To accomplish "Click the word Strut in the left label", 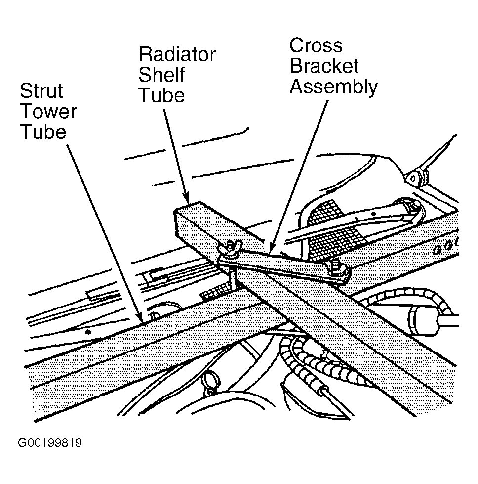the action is point(41,91).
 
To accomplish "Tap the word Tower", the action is point(48,111).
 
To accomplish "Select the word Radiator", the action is point(177,55).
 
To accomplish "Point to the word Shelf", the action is point(161,75).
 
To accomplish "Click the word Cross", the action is point(316,45).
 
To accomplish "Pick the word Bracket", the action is point(324,66).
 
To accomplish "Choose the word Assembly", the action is point(334,87).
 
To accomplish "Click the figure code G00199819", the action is point(50,442).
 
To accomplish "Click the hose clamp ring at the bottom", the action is point(210,380).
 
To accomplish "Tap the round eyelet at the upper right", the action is point(413,179).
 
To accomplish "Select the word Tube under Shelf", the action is point(162,95).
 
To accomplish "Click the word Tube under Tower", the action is point(43,132).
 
